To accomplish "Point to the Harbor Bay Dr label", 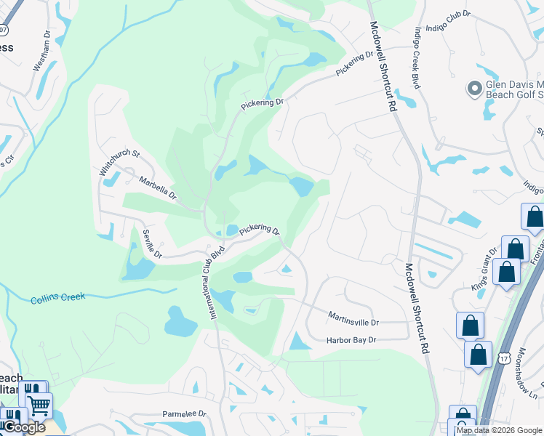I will (351, 339).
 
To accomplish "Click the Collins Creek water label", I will (58, 297).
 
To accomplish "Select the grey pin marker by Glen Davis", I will (475, 89).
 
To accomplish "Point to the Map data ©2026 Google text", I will (499, 430).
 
